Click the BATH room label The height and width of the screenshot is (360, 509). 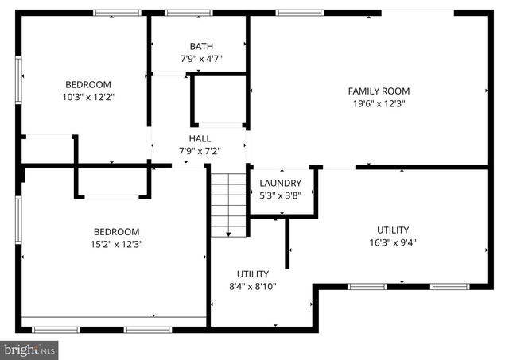[x=201, y=46]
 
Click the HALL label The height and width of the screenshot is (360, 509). [x=200, y=138]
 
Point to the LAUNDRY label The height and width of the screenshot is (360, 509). [x=281, y=183]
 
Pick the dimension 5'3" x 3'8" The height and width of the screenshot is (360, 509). [x=281, y=195]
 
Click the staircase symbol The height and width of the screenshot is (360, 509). [x=229, y=203]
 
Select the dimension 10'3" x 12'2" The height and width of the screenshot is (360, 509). [x=88, y=97]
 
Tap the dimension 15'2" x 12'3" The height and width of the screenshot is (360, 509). [x=118, y=244]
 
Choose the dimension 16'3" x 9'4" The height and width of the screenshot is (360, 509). [x=393, y=242]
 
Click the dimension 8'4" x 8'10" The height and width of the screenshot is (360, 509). [x=252, y=286]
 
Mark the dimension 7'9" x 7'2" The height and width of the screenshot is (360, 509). [x=200, y=150]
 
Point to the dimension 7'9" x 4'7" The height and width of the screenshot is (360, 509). [x=201, y=59]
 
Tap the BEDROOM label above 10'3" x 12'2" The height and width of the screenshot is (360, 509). [x=88, y=84]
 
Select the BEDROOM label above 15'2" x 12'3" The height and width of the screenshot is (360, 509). [x=118, y=231]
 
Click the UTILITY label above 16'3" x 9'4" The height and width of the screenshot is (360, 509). [x=393, y=230]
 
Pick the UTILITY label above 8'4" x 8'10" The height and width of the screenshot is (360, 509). [x=252, y=273]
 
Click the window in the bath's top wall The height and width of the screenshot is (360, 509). [x=188, y=13]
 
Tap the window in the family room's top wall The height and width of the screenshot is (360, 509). [x=300, y=13]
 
